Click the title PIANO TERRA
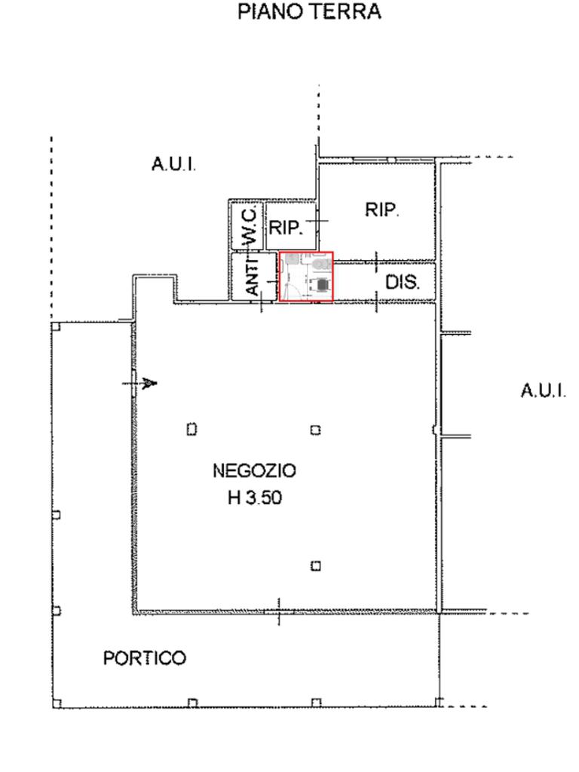[309, 13]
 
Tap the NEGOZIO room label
[254, 472]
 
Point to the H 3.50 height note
[255, 498]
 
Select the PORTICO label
[144, 659]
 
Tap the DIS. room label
[402, 283]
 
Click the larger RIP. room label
[382, 210]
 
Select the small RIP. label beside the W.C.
[286, 228]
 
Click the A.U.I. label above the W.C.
[174, 164]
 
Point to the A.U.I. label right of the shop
[543, 391]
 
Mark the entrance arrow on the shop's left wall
[149, 384]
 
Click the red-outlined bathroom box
[307, 277]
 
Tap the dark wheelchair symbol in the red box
[322, 284]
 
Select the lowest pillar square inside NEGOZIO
[316, 565]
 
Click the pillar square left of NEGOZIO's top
[191, 429]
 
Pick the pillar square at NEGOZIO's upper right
[316, 430]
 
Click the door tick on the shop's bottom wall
[279, 611]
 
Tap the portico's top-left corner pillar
[56, 326]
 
